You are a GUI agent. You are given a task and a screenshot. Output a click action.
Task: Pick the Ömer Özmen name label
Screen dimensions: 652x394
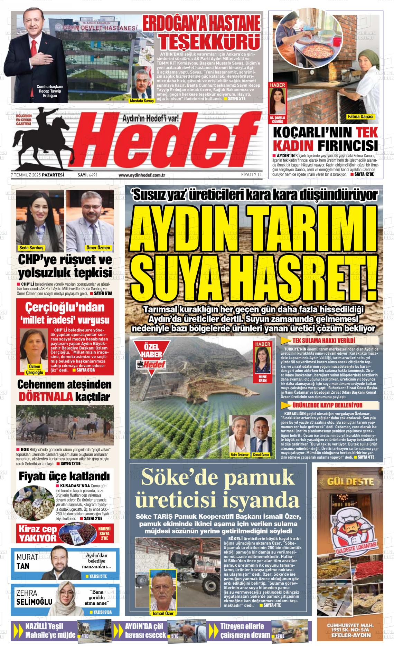[x=98, y=248]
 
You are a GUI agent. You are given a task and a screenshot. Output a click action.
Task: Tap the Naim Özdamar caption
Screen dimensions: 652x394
[x=240, y=455]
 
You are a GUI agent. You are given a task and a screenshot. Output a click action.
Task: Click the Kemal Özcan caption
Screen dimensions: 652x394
[x=261, y=455]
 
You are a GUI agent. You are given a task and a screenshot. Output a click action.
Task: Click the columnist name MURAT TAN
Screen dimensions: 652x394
[x=28, y=562]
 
